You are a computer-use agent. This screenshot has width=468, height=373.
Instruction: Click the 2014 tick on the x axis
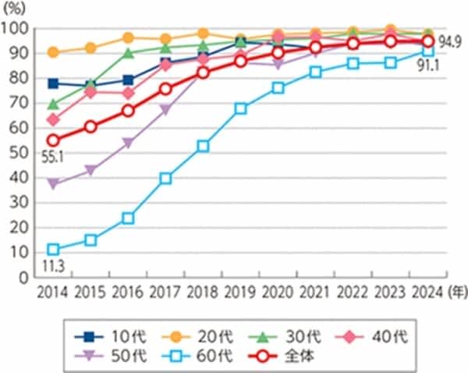pos(54,293)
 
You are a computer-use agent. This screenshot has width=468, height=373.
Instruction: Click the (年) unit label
pos(456,293)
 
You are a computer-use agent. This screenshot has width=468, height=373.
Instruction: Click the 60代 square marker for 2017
pos(165,179)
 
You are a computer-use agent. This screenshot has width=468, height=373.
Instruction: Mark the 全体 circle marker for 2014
pos(54,140)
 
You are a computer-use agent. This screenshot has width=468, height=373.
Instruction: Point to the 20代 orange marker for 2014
pos(54,52)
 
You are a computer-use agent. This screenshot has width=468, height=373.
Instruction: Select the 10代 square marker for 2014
pos(54,83)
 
